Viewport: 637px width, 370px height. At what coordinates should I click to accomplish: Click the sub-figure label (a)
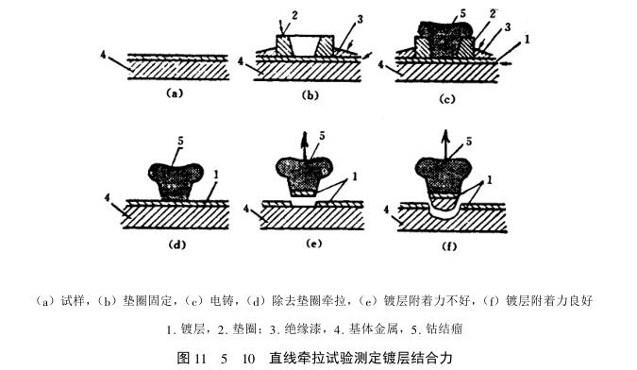tap(172, 93)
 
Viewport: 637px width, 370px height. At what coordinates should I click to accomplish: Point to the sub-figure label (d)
tap(175, 244)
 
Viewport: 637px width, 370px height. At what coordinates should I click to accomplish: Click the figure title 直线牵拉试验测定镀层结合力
tap(361, 358)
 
